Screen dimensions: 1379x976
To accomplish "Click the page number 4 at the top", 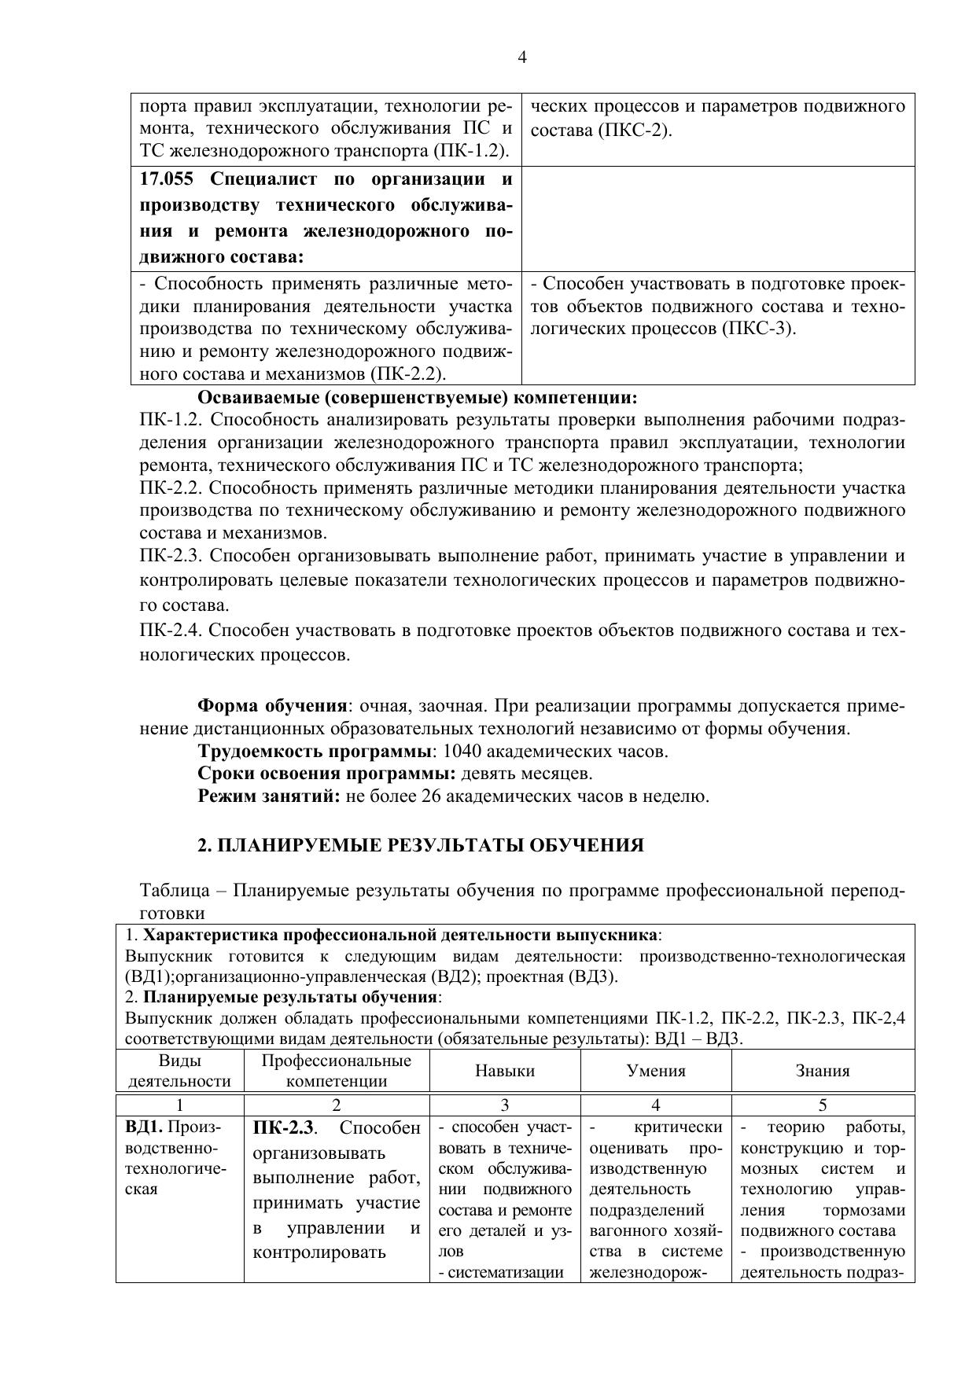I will click(522, 57).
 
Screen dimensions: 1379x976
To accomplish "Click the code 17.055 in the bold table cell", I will click(168, 179).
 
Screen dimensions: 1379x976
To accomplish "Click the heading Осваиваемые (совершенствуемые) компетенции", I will click(417, 397).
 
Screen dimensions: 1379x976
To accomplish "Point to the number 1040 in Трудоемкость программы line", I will click(462, 751).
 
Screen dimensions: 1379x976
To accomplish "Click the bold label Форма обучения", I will click(272, 705).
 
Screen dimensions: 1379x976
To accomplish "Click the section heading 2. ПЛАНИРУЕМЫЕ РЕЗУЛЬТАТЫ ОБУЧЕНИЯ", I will click(420, 845).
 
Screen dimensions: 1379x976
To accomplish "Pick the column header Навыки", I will click(505, 1071).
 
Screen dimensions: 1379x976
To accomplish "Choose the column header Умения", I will click(656, 1071).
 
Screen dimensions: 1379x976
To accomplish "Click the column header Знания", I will click(823, 1071).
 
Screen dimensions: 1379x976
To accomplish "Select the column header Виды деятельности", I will click(179, 1071).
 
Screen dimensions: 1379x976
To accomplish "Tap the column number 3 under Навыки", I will click(505, 1105).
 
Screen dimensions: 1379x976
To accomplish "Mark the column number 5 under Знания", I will click(823, 1105).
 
